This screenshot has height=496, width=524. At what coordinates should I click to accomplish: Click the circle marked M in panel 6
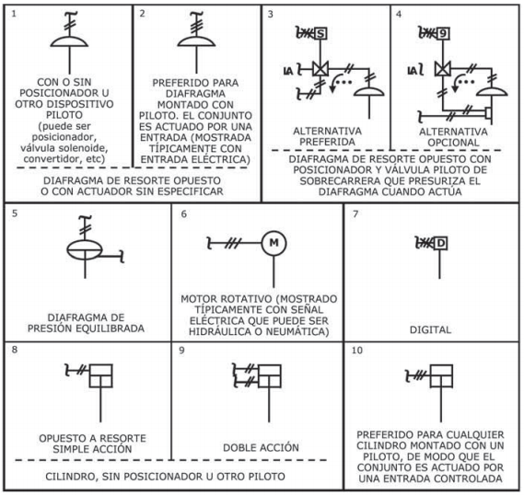(274, 243)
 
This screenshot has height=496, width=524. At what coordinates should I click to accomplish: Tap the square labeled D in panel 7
(440, 243)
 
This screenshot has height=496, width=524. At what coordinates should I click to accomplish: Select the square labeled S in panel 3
(320, 33)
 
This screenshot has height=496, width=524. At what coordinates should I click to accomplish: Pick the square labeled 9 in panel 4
(442, 33)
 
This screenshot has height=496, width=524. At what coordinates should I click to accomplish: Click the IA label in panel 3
(288, 71)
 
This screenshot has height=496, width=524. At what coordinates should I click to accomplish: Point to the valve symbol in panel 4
(443, 69)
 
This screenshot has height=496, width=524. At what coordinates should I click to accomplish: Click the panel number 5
(15, 213)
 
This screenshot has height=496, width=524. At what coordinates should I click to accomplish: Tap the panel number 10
(357, 350)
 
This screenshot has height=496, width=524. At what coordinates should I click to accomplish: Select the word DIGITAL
(430, 330)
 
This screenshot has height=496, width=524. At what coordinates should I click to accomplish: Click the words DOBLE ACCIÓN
(261, 447)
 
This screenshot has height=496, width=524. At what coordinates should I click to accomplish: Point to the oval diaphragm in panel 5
(85, 249)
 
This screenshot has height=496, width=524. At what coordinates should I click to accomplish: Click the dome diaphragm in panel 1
(69, 41)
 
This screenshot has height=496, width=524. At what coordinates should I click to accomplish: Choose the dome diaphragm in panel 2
(196, 40)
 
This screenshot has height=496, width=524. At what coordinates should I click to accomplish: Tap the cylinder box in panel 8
(100, 375)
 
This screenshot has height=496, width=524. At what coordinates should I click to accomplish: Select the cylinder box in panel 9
(269, 376)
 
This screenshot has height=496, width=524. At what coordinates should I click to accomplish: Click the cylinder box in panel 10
(441, 376)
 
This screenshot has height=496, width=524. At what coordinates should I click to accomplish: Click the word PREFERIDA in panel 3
(327, 142)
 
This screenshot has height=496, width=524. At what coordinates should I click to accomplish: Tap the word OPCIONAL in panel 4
(453, 143)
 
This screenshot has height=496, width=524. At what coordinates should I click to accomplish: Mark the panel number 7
(355, 213)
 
